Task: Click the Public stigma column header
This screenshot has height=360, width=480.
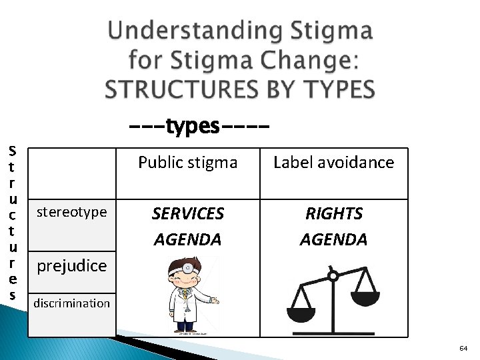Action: (187, 162)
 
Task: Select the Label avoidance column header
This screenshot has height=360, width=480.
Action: (333, 162)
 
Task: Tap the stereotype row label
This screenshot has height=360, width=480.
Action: (72, 212)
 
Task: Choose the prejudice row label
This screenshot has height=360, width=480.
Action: (72, 265)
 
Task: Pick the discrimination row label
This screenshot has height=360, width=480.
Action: (72, 303)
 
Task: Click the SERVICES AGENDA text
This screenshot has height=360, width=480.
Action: (187, 226)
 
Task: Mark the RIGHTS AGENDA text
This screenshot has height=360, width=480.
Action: (333, 226)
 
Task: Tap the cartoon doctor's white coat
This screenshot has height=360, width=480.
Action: (181, 310)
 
